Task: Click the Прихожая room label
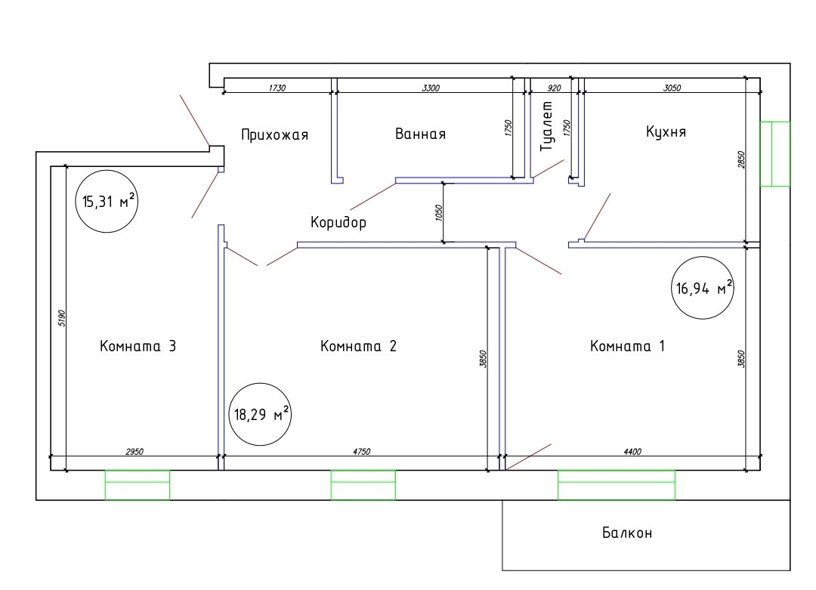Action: [x=275, y=135]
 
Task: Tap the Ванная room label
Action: [x=420, y=134]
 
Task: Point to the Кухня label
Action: [x=666, y=132]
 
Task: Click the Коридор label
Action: [x=338, y=223]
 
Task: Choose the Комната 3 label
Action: [x=138, y=347]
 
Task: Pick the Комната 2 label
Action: [x=358, y=347]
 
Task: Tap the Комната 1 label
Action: [x=627, y=347]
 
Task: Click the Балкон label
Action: [x=627, y=533]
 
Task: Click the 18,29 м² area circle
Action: [x=259, y=413]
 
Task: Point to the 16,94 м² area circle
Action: [x=703, y=288]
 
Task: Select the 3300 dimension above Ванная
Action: [x=431, y=88]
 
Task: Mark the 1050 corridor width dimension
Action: [x=438, y=212]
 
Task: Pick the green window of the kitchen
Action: [x=774, y=153]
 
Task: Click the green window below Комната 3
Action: [x=137, y=484]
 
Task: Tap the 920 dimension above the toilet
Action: [x=554, y=88]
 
